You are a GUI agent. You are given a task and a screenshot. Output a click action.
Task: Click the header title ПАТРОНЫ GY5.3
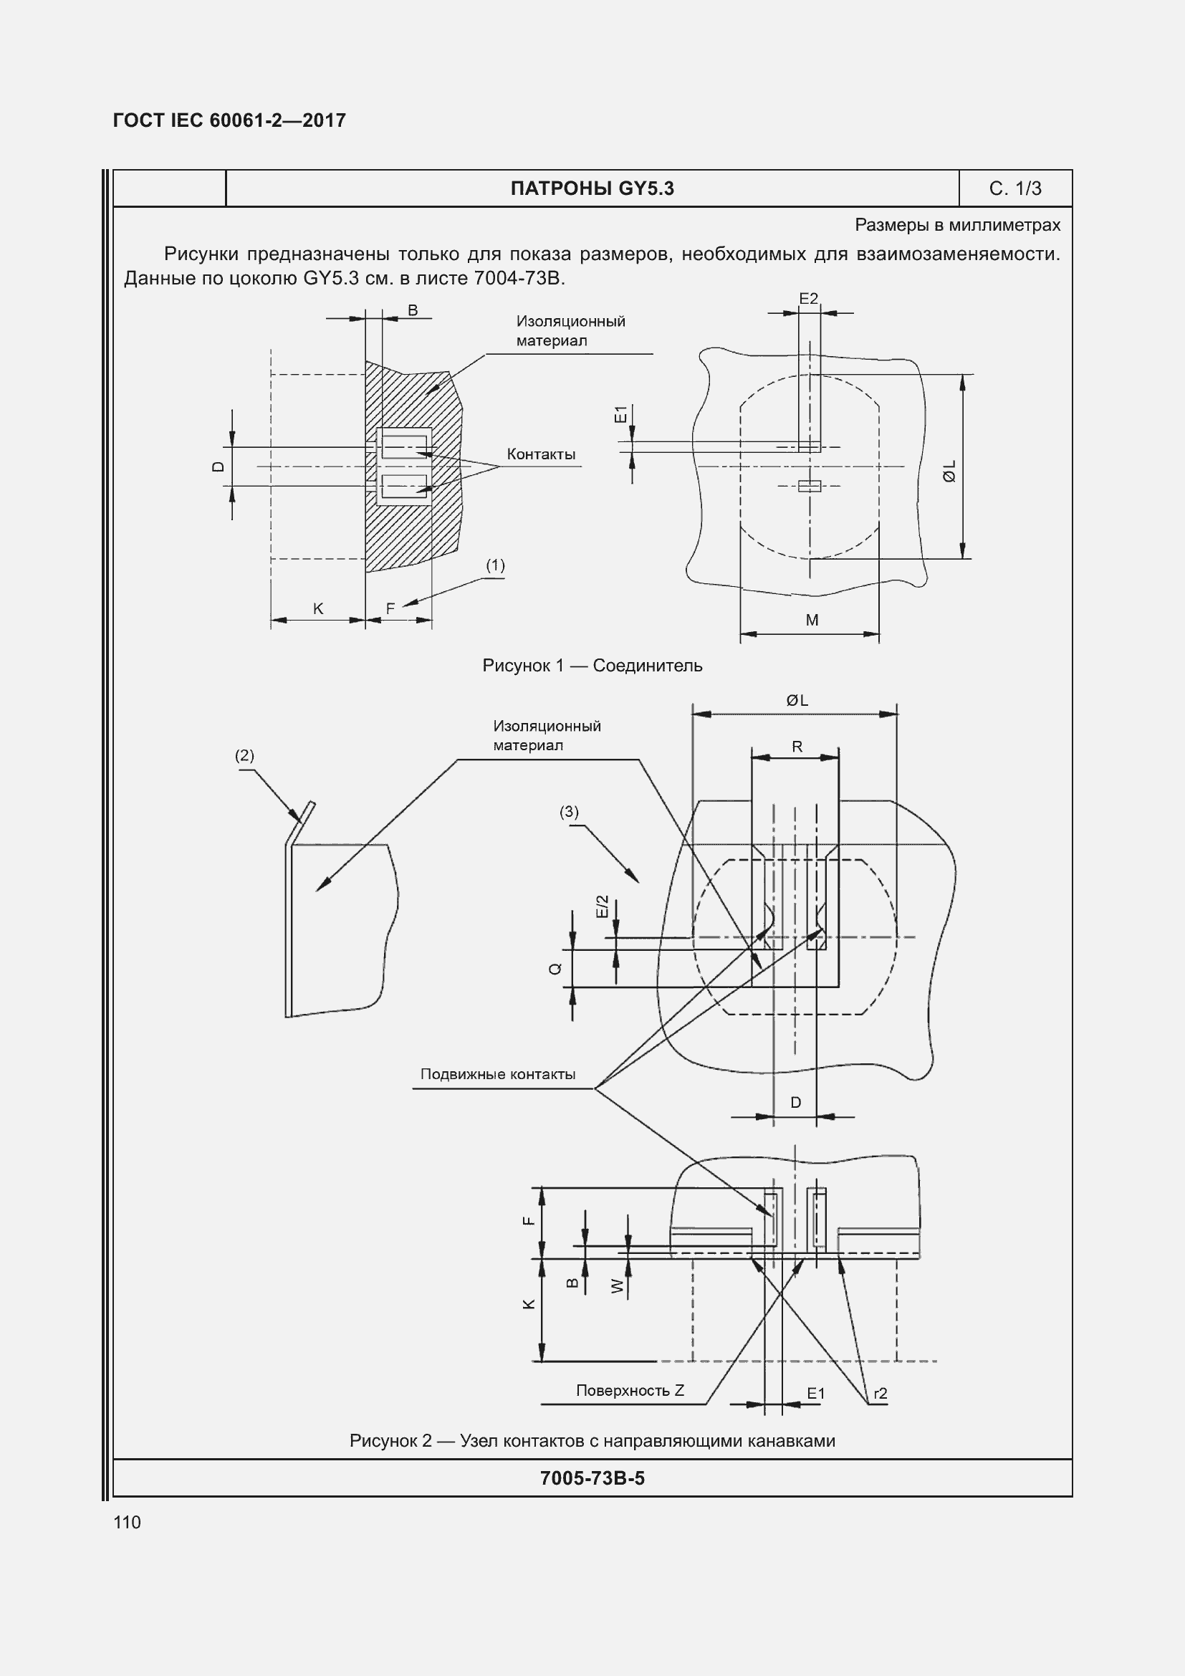pos(592,189)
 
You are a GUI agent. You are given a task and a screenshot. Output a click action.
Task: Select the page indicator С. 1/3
pos(1014,189)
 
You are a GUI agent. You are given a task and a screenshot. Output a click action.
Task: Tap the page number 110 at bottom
pos(127,1522)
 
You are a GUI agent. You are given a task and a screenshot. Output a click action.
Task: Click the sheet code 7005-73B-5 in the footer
pos(592,1478)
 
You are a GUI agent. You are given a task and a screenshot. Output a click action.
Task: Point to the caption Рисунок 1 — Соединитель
pos(592,666)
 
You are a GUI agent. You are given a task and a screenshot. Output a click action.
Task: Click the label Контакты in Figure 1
pos(541,454)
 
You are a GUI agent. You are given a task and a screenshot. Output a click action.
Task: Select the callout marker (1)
pos(495,565)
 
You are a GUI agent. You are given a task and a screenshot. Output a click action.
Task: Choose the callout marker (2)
pos(244,755)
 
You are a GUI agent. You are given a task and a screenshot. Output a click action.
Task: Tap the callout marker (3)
pos(569,812)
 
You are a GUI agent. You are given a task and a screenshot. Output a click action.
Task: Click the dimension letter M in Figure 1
pos(812,621)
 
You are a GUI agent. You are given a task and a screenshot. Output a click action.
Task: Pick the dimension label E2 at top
pos(808,299)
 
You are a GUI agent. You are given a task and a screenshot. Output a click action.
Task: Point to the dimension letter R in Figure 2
pos(797,747)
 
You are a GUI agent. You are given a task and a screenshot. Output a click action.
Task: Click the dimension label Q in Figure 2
pos(556,969)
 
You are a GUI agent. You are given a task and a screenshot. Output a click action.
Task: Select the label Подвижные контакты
pos(498,1075)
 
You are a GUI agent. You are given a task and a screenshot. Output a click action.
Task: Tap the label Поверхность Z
pos(630,1390)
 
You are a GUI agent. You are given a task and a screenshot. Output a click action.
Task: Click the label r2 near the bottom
pos(880,1394)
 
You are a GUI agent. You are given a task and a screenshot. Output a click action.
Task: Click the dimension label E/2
pos(602,906)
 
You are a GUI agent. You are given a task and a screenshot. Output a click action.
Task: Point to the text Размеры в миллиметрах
pos(957,226)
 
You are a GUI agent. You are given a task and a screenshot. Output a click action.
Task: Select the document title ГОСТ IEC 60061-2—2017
pos(229,120)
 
